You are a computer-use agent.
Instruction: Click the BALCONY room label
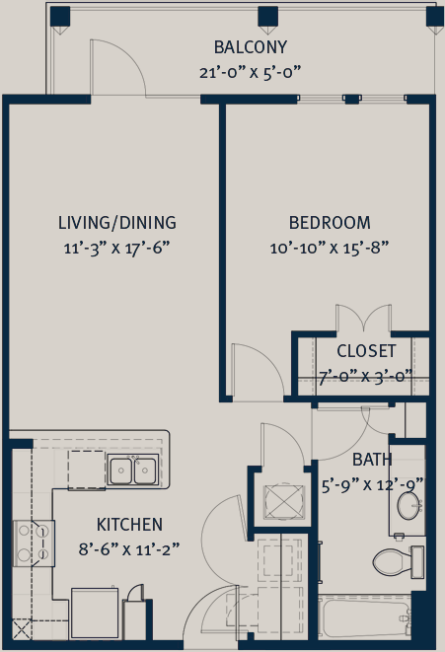tap(251, 47)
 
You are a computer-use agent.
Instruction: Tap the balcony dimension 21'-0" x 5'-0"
tap(250, 72)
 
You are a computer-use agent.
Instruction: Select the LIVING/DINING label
tap(117, 223)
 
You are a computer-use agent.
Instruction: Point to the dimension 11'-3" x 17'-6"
tap(117, 249)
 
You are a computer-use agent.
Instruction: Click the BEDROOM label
tap(330, 223)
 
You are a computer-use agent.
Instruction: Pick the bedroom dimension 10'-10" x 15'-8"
tap(330, 249)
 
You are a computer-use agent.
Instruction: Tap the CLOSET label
tap(366, 351)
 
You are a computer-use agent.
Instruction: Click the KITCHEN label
tap(129, 525)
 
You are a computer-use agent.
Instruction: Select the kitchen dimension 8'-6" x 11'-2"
tap(129, 549)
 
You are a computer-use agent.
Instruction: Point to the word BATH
tap(372, 460)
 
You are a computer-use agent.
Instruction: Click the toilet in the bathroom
tap(398, 562)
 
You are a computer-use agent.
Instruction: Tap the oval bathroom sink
tap(409, 506)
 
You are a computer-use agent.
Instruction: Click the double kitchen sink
tap(133, 470)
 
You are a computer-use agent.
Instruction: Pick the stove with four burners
tap(34, 543)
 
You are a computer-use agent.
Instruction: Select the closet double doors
tap(364, 320)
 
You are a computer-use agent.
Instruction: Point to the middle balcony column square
tap(267, 16)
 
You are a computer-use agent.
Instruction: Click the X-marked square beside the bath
tap(284, 502)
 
